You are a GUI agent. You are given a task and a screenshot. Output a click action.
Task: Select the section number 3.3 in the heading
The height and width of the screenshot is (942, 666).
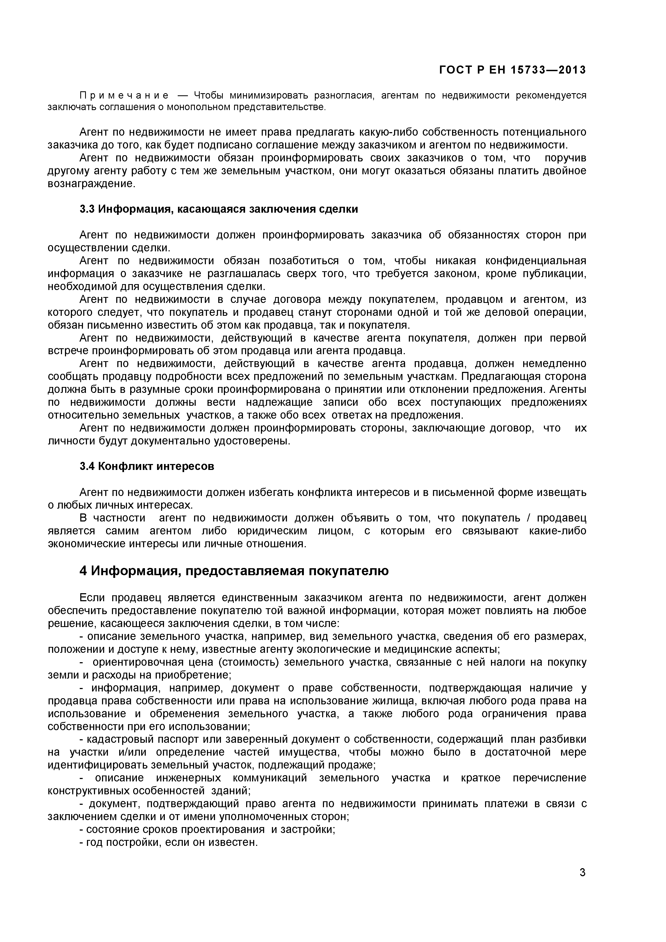pos(87,209)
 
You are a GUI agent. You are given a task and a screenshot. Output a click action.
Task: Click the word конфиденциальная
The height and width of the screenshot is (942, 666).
pos(536,261)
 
